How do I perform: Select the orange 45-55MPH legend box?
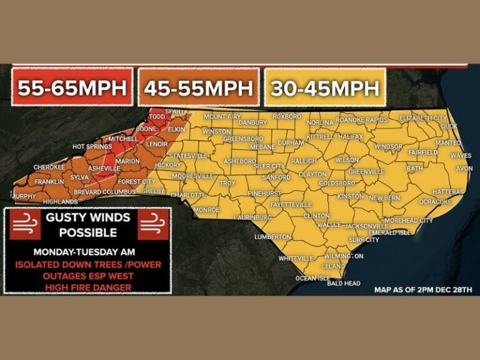(x=198, y=88)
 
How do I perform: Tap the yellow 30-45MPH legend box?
(x=324, y=88)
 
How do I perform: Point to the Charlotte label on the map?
(x=188, y=195)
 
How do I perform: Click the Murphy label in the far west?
(x=23, y=196)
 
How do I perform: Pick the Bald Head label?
(x=344, y=283)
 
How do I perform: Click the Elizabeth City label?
(x=423, y=117)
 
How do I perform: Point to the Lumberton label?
(x=272, y=237)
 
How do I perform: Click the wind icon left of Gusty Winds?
(x=24, y=224)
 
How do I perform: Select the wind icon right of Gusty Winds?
(x=153, y=224)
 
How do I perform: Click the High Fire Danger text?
(x=87, y=287)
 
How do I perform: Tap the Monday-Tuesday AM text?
(x=87, y=252)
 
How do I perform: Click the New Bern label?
(x=384, y=197)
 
